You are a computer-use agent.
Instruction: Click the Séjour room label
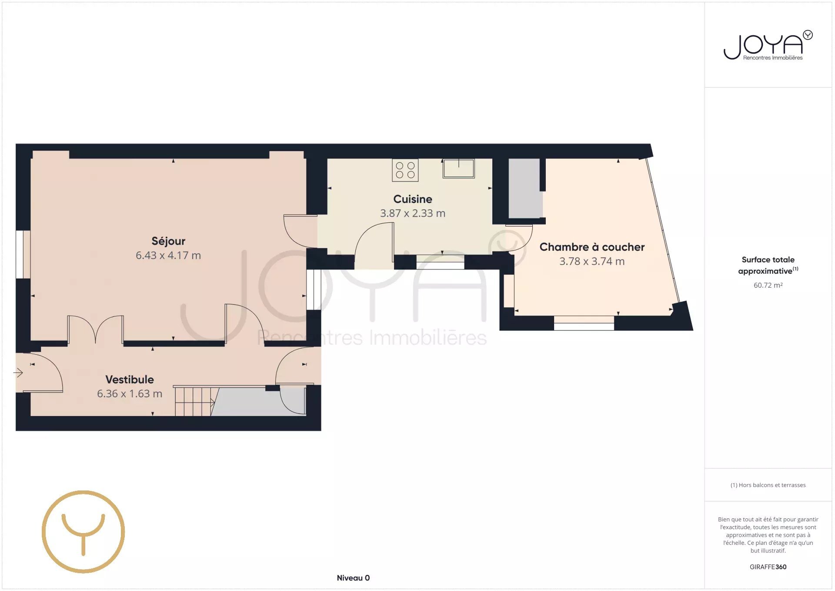[168, 241]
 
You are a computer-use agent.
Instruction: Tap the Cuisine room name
[413, 199]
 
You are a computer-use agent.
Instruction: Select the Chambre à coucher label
[592, 247]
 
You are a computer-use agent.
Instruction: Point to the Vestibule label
[130, 379]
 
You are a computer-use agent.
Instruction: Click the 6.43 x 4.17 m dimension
[168, 255]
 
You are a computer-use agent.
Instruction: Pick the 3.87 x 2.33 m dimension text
[413, 213]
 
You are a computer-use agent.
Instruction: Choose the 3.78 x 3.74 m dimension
[592, 261]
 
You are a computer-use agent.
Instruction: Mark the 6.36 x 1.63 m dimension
[130, 394]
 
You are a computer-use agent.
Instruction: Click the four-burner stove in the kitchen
[405, 170]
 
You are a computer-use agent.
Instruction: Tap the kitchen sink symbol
[459, 168]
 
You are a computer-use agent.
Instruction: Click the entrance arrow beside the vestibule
[18, 373]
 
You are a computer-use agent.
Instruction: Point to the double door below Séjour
[96, 330]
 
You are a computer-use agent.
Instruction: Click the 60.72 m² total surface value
[768, 285]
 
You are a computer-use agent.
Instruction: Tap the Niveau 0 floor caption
[353, 578]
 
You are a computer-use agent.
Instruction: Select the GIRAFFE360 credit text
[768, 567]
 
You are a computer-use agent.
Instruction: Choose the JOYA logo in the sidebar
[768, 45]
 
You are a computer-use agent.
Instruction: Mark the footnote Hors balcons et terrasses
[768, 485]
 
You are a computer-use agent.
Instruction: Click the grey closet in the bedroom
[525, 188]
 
